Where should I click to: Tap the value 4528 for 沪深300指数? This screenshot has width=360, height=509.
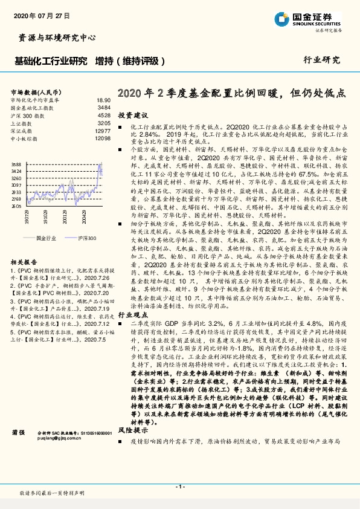point(104,114)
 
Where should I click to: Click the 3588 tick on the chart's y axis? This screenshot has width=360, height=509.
point(16,164)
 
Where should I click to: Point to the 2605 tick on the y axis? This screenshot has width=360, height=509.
point(16,206)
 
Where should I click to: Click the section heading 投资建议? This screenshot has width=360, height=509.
point(132,115)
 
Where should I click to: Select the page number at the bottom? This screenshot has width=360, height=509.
point(179,487)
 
